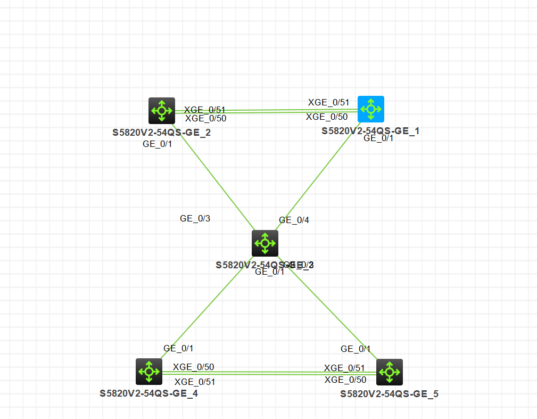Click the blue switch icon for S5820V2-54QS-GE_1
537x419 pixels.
pyautogui.click(x=371, y=109)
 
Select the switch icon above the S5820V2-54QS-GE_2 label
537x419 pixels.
pyautogui.click(x=161, y=111)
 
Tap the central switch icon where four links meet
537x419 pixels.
pyautogui.click(x=265, y=243)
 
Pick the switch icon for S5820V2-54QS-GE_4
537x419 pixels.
pyautogui.click(x=149, y=371)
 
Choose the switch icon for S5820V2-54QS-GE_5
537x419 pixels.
pyautogui.click(x=389, y=372)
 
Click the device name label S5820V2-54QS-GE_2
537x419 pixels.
pyautogui.click(x=161, y=133)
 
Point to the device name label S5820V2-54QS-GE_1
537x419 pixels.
pyautogui.click(x=370, y=130)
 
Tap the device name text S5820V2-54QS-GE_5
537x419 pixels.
pyautogui.click(x=390, y=394)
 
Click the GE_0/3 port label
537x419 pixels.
pyautogui.click(x=195, y=218)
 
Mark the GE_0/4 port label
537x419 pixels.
pyautogui.click(x=294, y=220)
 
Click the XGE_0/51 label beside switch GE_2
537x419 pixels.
pyautogui.click(x=205, y=110)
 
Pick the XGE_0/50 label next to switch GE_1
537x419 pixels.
pyautogui.click(x=327, y=117)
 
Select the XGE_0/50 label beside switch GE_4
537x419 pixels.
pyautogui.click(x=194, y=367)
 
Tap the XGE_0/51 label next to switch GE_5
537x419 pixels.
pyautogui.click(x=344, y=368)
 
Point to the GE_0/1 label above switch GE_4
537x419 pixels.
pyautogui.click(x=178, y=348)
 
